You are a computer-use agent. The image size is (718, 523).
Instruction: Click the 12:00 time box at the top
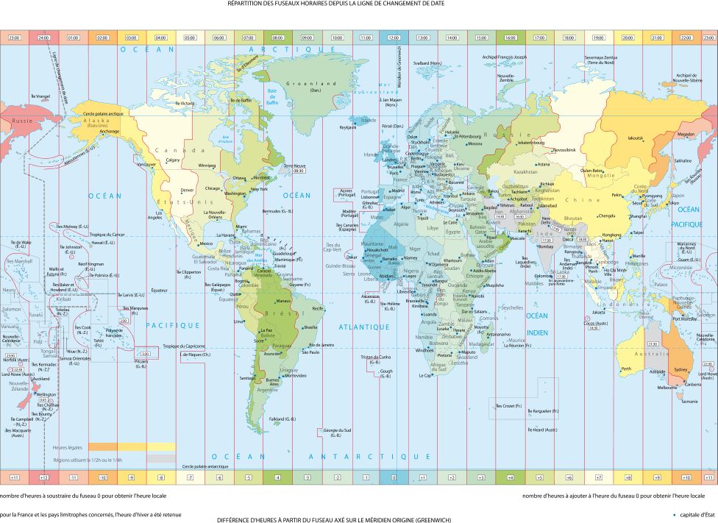click(394, 37)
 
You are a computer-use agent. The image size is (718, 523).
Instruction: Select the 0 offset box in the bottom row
click(394, 478)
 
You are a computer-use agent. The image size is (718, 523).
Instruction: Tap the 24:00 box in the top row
click(43, 37)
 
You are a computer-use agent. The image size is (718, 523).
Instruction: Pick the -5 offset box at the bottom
click(249, 478)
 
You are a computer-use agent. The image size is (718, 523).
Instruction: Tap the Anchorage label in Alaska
click(110, 132)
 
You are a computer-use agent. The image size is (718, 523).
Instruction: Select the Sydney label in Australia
click(680, 369)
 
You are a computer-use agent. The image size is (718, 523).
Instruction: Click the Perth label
click(626, 369)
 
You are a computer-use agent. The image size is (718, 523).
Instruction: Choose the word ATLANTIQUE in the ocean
click(363, 326)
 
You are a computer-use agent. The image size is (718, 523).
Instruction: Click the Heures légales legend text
click(68, 446)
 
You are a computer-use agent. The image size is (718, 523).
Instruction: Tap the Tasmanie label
click(689, 401)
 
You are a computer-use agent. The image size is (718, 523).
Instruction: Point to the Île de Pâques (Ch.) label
click(197, 355)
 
